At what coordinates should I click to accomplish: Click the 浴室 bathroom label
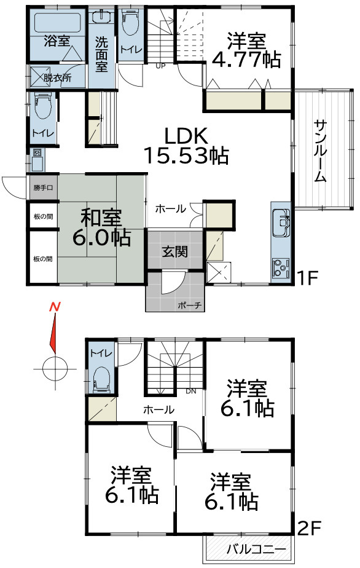click(x=57, y=41)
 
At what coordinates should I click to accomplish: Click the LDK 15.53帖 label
click(x=186, y=145)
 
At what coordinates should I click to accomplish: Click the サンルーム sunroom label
click(x=320, y=150)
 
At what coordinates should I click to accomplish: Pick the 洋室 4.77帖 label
click(x=246, y=50)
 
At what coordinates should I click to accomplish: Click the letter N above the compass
click(x=56, y=306)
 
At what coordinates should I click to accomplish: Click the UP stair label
click(x=161, y=66)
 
